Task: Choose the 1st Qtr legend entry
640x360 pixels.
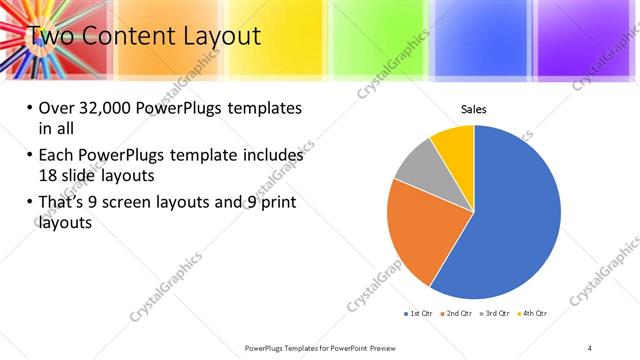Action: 418,313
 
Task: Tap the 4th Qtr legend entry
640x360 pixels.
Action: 533,313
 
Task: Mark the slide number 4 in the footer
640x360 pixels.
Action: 590,347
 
